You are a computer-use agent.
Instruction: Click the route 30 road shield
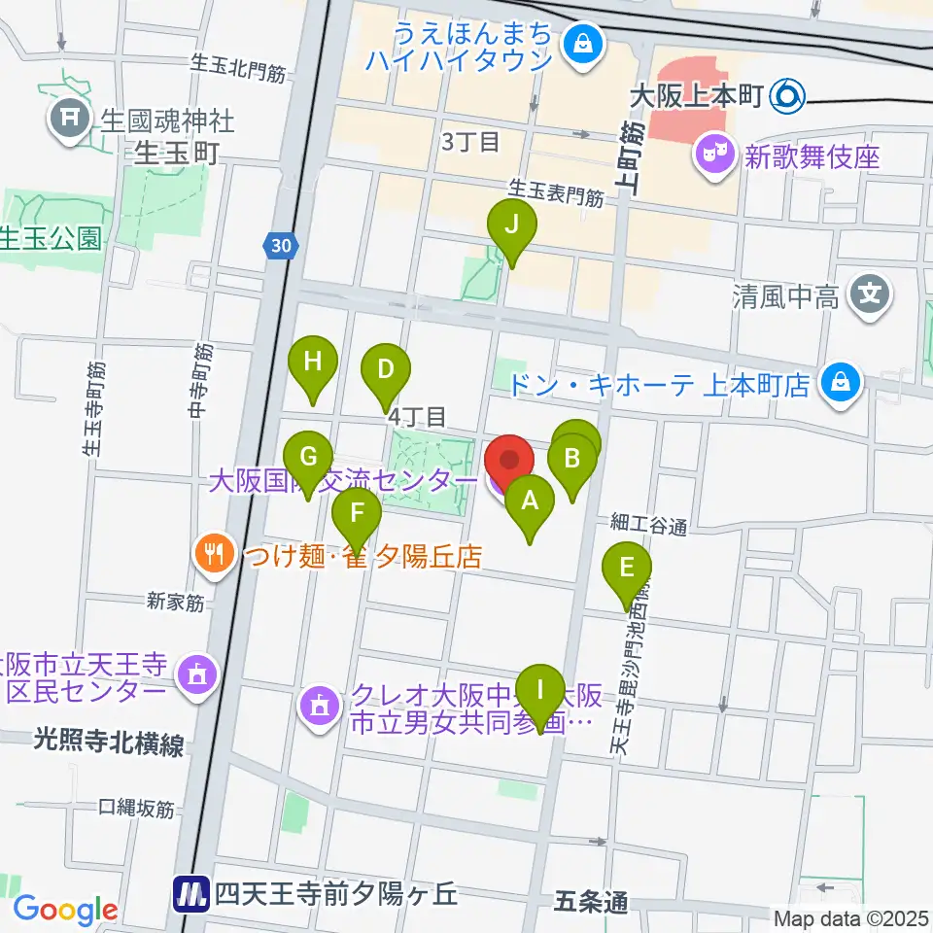[281, 247]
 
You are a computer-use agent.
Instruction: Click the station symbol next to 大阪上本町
[785, 95]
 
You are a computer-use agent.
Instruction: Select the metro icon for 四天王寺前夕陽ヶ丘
[191, 892]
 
